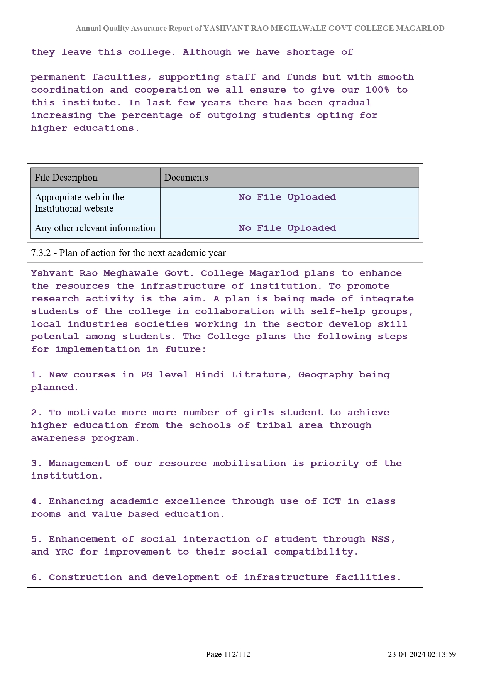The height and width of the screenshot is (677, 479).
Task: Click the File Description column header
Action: [66, 178]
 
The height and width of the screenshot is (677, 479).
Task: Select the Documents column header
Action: [186, 178]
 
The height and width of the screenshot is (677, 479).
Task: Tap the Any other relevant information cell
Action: [95, 228]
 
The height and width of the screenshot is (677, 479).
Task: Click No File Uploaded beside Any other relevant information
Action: [287, 228]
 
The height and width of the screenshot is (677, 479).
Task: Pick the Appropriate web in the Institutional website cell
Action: [80, 203]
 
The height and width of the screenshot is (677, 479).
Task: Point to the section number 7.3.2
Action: [41, 253]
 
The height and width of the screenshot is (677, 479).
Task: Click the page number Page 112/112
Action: [228, 654]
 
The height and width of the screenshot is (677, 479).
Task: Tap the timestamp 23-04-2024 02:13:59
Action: [421, 654]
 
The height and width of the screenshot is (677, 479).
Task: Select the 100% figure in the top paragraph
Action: [377, 90]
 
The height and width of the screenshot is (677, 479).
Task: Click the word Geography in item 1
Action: [325, 375]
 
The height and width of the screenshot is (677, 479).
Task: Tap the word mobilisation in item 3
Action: [249, 463]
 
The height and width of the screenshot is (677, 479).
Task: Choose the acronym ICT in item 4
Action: [332, 501]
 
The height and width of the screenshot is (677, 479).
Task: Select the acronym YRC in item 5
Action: [64, 552]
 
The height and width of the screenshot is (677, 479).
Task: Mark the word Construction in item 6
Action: [85, 577]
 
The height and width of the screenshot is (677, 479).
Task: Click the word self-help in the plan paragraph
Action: [338, 311]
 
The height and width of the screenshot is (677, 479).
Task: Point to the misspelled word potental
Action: [55, 337]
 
